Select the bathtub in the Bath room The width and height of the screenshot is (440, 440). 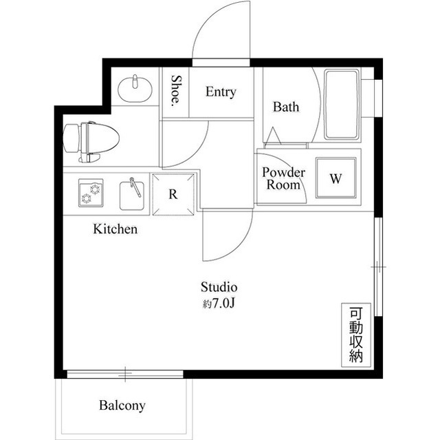tap(342, 105)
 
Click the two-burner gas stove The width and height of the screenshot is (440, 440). tap(91, 193)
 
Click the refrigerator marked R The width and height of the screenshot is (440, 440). tap(173, 194)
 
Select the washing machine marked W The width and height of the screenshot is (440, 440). tap(336, 178)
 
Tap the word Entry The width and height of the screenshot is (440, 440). tap(221, 92)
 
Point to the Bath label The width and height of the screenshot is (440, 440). tap(286, 107)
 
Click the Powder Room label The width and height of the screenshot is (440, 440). tap(283, 178)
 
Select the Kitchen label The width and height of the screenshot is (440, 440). tap(115, 229)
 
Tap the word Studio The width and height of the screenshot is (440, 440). tap(219, 287)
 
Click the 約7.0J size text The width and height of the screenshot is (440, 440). tap(219, 303)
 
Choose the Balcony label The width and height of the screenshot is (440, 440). tap(122, 406)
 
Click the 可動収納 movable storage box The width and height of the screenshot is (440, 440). tap(356, 335)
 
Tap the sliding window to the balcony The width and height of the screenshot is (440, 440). tap(125, 374)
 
